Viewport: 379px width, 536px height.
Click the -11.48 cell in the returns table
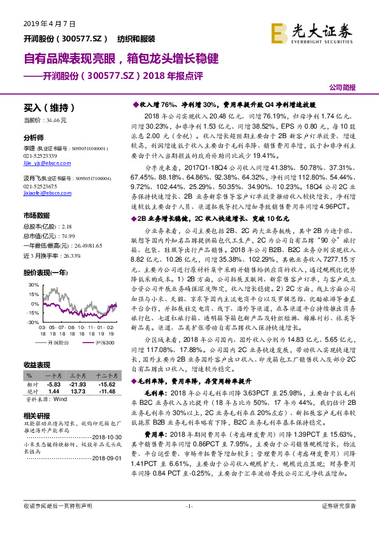click(106, 392)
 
